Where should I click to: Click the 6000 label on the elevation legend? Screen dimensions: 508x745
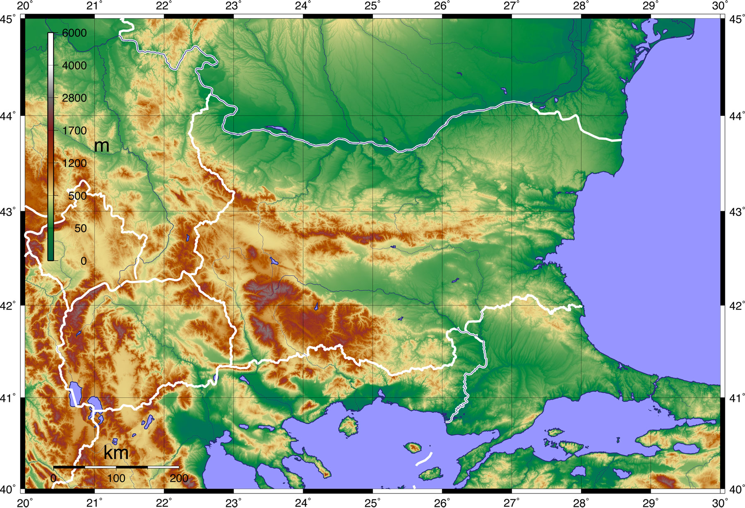[74, 33]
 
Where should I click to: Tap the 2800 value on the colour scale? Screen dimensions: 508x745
[74, 98]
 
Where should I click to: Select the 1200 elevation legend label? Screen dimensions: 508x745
[74, 164]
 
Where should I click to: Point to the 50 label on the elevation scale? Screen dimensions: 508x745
[80, 229]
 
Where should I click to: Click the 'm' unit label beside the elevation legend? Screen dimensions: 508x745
[102, 146]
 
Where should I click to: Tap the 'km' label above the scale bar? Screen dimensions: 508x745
[116, 453]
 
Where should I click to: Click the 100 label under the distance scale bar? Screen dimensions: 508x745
[116, 479]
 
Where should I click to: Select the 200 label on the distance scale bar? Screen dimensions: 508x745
[179, 479]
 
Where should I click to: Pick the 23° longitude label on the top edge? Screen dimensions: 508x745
[233, 6]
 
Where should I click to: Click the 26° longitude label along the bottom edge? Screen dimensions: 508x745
[442, 503]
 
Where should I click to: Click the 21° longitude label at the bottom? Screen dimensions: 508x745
[94, 503]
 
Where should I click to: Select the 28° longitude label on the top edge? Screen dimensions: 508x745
[581, 6]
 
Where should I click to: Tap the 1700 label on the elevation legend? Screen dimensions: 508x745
[74, 131]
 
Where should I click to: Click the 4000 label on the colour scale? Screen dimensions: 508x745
[74, 65]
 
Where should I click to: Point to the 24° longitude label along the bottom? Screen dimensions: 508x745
[303, 503]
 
